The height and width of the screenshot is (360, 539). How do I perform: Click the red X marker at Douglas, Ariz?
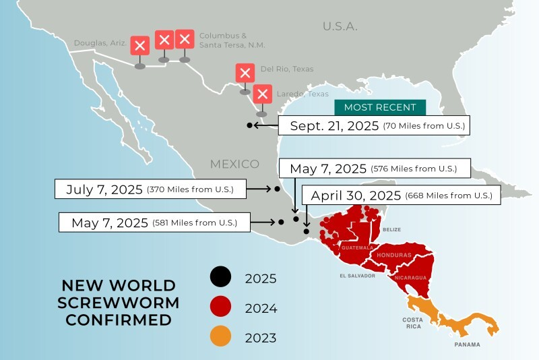tap(139, 46)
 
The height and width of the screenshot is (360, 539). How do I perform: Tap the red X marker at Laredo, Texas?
tap(263, 94)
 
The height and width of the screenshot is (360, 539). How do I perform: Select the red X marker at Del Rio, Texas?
tap(245, 73)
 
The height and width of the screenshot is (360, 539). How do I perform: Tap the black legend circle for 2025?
tap(220, 277)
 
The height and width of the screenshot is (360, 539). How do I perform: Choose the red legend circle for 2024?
tap(220, 307)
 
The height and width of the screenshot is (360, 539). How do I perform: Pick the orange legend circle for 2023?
tap(220, 336)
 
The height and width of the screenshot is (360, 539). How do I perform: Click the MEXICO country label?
tap(234, 164)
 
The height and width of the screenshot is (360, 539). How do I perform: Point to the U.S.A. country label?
tap(340, 26)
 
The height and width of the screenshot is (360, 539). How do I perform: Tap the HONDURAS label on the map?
tap(394, 256)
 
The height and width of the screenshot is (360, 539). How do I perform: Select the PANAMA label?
tap(468, 344)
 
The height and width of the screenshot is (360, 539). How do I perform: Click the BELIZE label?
tap(391, 230)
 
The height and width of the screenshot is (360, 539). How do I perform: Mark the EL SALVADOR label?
tap(357, 276)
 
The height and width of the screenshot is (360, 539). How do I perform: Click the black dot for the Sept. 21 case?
tap(249, 125)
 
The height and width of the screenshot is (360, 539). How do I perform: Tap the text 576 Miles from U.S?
tap(414, 169)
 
